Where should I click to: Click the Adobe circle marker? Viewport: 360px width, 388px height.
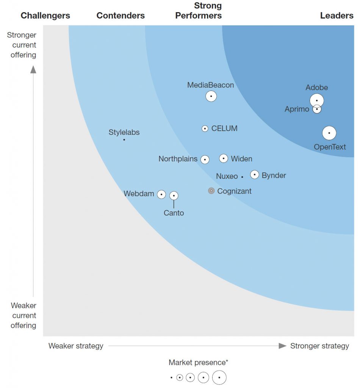317,100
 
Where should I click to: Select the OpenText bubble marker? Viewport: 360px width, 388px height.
329,133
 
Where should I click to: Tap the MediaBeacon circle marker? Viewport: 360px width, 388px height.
211,96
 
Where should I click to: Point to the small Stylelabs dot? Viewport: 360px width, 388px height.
124,140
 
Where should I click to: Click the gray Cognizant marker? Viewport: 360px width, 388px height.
211,191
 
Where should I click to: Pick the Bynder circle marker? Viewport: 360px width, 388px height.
255,175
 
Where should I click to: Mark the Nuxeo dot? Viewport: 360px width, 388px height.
242,177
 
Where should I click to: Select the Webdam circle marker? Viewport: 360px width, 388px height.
161,194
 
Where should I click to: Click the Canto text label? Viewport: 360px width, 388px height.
174,213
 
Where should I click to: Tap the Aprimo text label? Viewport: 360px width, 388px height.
297,110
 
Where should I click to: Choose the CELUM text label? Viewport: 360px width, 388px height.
224,128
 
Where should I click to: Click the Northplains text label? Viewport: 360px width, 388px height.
178,159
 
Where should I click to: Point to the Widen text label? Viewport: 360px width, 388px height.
241,159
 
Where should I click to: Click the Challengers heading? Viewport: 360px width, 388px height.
45,16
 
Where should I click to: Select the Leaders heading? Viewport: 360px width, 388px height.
337,16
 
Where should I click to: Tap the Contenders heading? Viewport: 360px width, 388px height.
121,16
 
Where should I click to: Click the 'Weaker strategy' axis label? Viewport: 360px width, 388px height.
76,346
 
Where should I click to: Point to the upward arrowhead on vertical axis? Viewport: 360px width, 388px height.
33,69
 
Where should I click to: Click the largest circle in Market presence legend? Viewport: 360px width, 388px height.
219,377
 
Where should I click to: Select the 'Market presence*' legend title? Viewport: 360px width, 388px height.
199,363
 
